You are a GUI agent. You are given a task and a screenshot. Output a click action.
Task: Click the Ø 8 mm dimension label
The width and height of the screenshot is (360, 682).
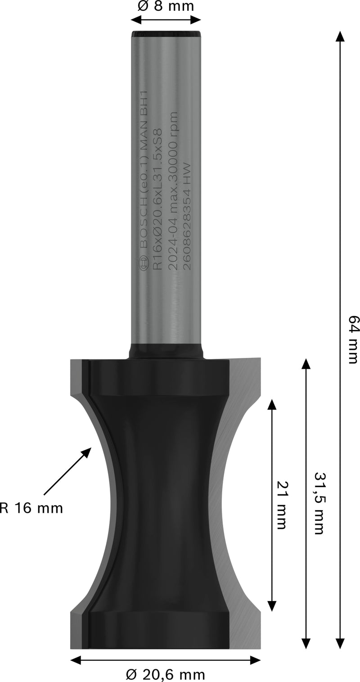(166, 7)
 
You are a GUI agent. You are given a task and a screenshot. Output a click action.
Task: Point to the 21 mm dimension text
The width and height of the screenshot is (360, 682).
(281, 506)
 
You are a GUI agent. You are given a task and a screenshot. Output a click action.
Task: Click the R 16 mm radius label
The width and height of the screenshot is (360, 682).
(31, 509)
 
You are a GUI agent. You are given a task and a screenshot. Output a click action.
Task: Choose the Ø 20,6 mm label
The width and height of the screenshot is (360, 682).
(166, 674)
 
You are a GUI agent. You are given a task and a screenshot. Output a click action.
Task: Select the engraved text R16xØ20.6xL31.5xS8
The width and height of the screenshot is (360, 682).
(158, 198)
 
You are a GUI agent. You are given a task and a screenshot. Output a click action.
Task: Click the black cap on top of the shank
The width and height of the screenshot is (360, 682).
(166, 34)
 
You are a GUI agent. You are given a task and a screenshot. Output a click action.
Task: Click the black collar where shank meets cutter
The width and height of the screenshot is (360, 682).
(166, 351)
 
